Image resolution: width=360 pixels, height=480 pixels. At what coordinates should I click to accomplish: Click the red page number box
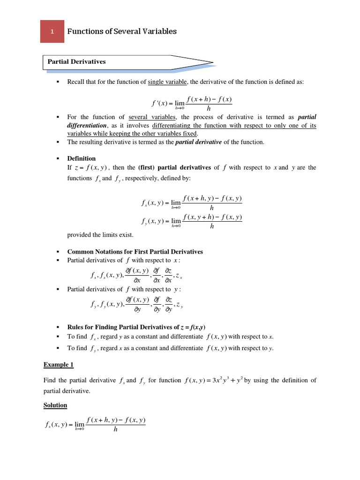[52, 31]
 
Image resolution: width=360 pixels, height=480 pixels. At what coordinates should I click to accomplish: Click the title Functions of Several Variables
[122, 31]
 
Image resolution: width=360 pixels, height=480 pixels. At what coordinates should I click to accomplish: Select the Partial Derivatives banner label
[75, 61]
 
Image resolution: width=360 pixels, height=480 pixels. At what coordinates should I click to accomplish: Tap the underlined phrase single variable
[167, 82]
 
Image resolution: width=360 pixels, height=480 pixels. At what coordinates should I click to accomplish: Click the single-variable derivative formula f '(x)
[190, 103]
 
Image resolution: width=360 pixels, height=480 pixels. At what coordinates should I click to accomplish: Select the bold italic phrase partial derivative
[200, 142]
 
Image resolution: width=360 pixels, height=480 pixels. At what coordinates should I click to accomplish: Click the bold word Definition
[82, 158]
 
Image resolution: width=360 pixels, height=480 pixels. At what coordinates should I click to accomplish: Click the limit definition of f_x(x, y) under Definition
[191, 202]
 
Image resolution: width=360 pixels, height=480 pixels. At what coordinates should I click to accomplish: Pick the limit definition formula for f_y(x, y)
[191, 221]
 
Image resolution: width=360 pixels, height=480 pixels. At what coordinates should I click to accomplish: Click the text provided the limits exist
[100, 235]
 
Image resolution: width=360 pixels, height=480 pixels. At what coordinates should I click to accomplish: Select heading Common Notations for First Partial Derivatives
[135, 252]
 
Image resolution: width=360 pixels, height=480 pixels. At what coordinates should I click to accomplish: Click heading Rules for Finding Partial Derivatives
[136, 327]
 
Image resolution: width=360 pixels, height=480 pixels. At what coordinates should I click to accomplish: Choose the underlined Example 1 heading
[59, 364]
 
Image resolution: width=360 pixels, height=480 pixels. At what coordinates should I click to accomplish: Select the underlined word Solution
[55, 405]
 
